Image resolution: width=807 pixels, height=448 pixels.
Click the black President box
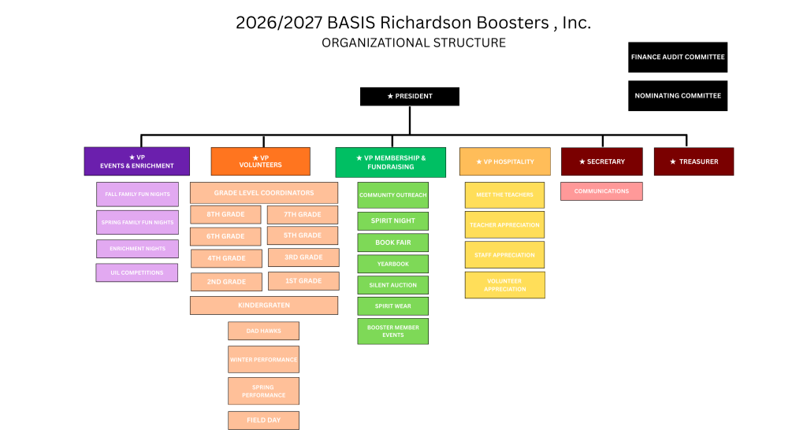(x=409, y=96)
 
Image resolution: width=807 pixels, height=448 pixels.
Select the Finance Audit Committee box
(x=677, y=57)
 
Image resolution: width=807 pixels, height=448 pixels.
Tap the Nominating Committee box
(x=677, y=95)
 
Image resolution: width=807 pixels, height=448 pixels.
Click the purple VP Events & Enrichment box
(x=136, y=161)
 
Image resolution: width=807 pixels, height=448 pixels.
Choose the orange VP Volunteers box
(x=260, y=161)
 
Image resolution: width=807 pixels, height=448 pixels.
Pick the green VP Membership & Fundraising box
(x=390, y=162)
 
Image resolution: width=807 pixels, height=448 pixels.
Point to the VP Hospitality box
(x=504, y=161)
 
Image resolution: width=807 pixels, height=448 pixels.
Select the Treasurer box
(x=694, y=161)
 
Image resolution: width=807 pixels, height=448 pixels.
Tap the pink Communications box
(x=601, y=191)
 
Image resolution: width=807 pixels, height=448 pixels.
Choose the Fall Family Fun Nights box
(x=138, y=194)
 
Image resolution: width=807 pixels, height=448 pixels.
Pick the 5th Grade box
(x=303, y=235)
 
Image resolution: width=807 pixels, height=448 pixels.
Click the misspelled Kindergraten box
(x=264, y=305)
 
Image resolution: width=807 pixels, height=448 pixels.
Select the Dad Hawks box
(x=263, y=331)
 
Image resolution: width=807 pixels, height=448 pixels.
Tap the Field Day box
(x=263, y=420)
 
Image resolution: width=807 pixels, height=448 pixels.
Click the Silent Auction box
(x=392, y=285)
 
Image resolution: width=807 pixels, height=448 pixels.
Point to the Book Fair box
(x=392, y=243)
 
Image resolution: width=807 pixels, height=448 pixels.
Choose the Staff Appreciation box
(x=504, y=255)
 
